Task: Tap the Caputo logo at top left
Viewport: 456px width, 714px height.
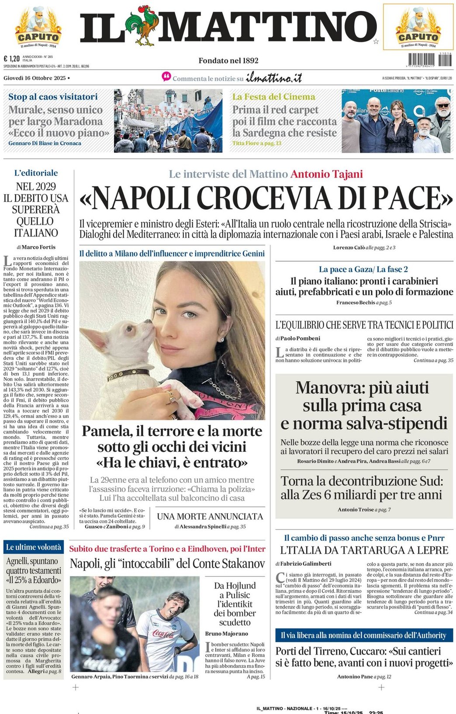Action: [38, 27]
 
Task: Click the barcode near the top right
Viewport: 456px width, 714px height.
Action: [424, 59]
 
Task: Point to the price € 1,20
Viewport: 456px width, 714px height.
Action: [12, 59]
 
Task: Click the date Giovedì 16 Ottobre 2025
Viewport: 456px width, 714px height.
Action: [35, 78]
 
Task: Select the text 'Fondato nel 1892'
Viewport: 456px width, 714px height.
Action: [228, 61]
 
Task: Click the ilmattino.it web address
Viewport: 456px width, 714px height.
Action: [274, 78]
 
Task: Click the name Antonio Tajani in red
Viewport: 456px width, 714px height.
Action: [327, 174]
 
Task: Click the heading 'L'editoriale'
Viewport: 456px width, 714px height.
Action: [36, 173]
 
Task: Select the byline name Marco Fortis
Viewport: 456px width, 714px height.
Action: [38, 247]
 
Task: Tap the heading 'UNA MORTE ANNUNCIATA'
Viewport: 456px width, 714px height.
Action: [210, 516]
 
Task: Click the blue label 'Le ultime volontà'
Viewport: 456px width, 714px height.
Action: [34, 547]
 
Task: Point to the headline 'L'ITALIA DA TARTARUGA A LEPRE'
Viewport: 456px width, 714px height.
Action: [364, 550]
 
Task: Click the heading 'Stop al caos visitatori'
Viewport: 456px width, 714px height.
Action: [53, 97]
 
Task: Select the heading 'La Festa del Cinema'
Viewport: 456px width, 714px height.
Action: [273, 97]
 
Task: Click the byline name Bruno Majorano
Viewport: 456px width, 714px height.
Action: [226, 634]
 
